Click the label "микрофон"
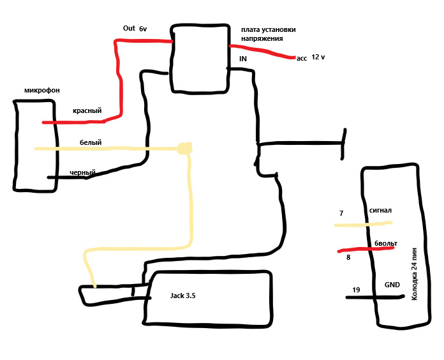(42, 91)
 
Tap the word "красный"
(87, 111)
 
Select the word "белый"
(91, 143)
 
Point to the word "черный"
(82, 172)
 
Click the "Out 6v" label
(135, 29)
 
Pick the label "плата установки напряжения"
(268, 34)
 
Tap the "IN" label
(243, 59)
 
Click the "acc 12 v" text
(311, 58)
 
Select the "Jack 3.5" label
(182, 296)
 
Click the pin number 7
(341, 213)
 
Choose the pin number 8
(348, 258)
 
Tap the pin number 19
(356, 290)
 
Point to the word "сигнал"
(380, 210)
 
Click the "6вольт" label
(386, 244)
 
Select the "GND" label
(392, 285)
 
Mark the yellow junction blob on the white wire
(184, 150)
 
